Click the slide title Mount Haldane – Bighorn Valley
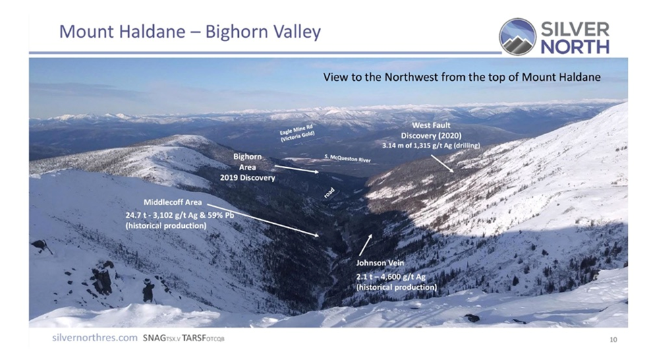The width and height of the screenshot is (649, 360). click(x=190, y=32)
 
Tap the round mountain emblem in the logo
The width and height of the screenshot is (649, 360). click(x=517, y=37)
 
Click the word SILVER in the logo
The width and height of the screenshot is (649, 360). click(x=575, y=30)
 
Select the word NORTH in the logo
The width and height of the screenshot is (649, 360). click(x=575, y=47)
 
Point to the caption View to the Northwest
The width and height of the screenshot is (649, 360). click(x=461, y=78)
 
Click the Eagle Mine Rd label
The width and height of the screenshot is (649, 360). click(x=298, y=133)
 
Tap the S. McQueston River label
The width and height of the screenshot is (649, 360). click(x=347, y=158)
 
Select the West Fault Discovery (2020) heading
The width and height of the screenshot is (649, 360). click(x=431, y=130)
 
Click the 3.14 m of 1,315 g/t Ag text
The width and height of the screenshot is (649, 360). click(x=431, y=146)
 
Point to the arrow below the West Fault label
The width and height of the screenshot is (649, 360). click(x=442, y=163)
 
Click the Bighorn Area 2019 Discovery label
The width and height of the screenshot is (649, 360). click(x=247, y=167)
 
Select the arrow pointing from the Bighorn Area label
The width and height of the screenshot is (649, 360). click(x=296, y=169)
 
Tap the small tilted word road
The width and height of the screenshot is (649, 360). click(x=329, y=193)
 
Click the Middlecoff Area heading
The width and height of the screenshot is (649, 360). click(x=173, y=202)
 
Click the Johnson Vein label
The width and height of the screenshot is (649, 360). click(x=380, y=263)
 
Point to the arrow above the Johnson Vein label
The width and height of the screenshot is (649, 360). click(x=365, y=245)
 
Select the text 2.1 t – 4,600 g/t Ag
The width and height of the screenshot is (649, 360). click(x=391, y=277)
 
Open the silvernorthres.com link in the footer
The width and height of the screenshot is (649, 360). click(x=94, y=338)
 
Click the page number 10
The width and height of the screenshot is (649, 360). click(x=613, y=340)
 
